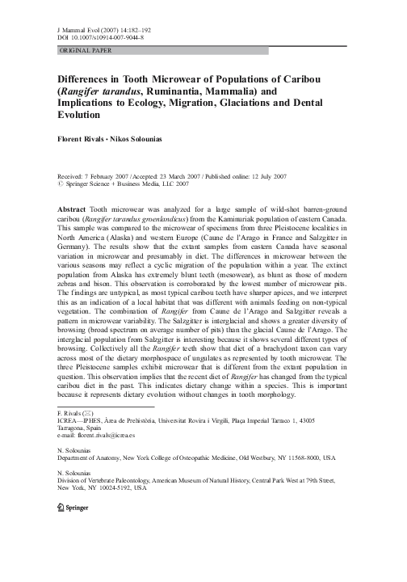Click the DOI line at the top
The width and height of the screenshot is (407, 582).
[x=99, y=36]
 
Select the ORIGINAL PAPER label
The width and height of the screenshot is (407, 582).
[x=84, y=50]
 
